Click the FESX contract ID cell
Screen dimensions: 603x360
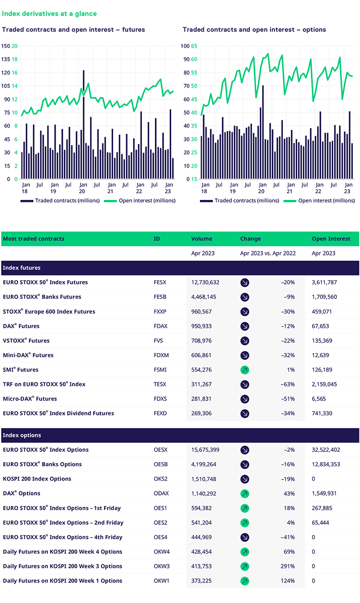click(160, 282)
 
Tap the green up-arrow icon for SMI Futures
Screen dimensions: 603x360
click(245, 370)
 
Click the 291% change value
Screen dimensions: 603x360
click(286, 566)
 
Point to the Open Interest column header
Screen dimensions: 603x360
click(331, 239)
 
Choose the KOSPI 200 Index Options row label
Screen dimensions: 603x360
click(37, 479)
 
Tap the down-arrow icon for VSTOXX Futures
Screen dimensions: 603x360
click(245, 340)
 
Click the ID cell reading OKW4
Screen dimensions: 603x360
click(161, 552)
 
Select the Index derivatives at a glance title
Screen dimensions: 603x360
click(49, 14)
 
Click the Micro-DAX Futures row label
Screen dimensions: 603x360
click(30, 398)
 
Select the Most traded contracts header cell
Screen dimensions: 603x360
click(33, 239)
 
